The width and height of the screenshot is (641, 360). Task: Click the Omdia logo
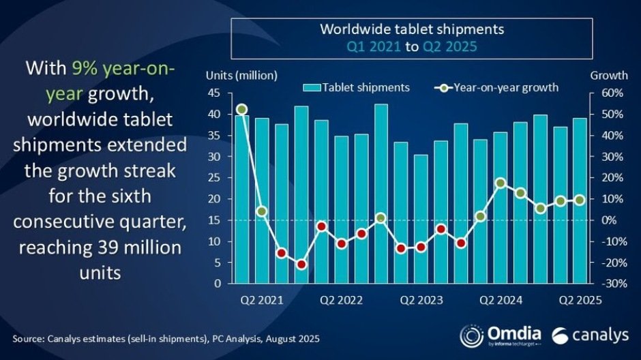pos(502,335)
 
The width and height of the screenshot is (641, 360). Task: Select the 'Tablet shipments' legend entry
pos(357,87)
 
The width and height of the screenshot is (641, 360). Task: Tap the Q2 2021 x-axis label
pos(262,300)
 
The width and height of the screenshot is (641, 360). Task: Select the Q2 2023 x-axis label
pos(421,300)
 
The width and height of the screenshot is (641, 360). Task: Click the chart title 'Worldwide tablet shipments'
pos(412,29)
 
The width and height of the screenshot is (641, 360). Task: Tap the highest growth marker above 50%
pos(241,109)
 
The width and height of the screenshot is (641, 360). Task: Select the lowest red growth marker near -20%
pos(301,265)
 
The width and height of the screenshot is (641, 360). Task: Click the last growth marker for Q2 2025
pos(580,200)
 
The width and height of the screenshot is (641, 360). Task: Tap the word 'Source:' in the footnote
pos(30,338)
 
